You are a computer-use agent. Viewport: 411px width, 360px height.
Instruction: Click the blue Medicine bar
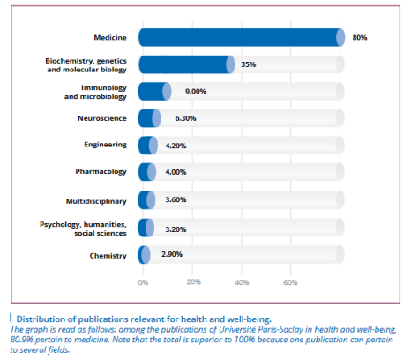(x=242, y=37)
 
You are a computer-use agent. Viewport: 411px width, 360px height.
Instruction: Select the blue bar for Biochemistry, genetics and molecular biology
(x=187, y=64)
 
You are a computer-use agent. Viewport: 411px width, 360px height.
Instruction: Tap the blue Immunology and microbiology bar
(x=155, y=91)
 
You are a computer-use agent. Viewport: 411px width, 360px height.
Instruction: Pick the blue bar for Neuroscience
(x=150, y=118)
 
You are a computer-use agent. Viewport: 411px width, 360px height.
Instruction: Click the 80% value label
(x=360, y=37)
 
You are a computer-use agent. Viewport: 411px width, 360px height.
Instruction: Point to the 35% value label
(x=249, y=64)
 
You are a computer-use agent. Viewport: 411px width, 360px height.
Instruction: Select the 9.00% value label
(x=196, y=91)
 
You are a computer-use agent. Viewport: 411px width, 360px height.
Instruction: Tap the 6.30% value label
(x=185, y=118)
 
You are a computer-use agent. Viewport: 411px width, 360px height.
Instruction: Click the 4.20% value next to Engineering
(x=176, y=146)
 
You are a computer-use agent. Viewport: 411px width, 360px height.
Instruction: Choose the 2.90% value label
(x=172, y=254)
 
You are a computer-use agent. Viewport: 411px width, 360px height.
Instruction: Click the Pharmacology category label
(x=101, y=172)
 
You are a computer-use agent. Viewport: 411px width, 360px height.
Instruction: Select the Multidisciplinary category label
(x=96, y=201)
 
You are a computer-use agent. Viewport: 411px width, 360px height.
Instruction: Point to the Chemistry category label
(x=108, y=256)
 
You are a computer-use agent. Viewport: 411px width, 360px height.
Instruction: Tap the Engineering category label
(x=105, y=145)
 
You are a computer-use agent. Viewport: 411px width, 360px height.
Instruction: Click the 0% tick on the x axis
(x=143, y=282)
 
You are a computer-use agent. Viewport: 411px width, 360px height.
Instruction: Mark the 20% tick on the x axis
(x=193, y=282)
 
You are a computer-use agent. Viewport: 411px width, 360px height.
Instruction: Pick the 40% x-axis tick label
(x=242, y=282)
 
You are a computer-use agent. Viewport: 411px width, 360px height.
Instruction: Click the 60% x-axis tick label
(x=290, y=282)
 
